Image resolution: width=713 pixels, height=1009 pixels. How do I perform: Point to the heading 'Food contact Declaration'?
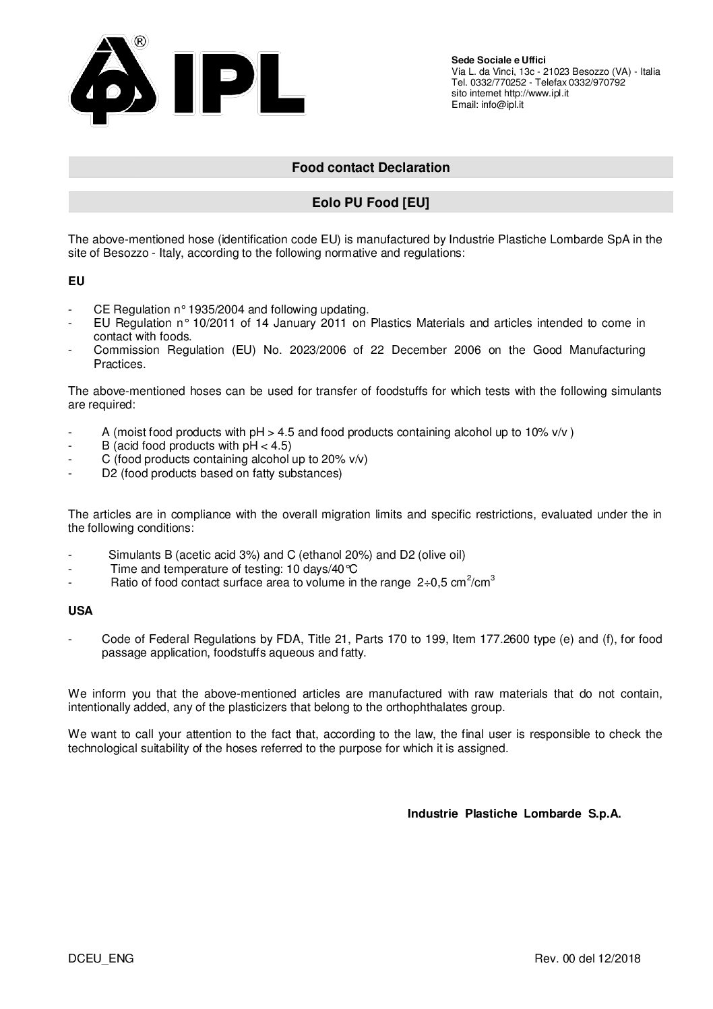(371, 167)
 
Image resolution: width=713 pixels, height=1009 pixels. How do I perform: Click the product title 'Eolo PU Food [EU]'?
(371, 202)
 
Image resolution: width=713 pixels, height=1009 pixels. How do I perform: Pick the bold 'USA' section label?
(80, 611)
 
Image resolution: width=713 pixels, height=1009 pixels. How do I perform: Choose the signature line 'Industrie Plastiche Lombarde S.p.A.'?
(514, 814)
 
